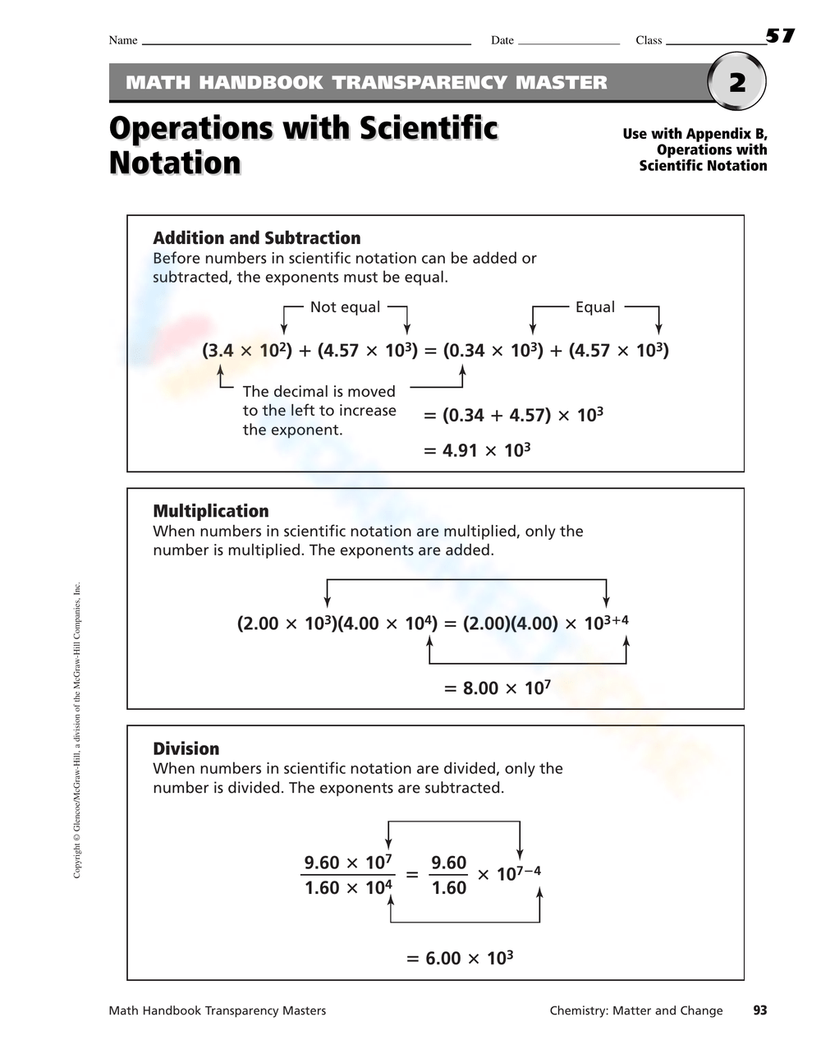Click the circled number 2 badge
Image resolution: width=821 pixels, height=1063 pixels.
(736, 82)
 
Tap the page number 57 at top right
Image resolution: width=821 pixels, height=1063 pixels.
(780, 35)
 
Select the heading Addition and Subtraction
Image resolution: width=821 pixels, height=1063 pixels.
(256, 238)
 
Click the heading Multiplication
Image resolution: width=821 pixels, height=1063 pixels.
(211, 511)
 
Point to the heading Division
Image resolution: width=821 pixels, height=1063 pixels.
(186, 748)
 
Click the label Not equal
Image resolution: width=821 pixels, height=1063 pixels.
(345, 307)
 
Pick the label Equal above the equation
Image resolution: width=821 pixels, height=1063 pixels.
(594, 307)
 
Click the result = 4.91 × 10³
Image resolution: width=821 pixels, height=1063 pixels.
(477, 450)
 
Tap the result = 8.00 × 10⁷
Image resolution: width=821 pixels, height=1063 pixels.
(497, 688)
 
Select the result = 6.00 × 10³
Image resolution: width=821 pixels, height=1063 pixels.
(460, 958)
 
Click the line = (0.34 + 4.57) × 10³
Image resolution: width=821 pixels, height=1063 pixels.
(513, 415)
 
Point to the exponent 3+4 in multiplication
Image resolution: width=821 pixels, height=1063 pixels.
(616, 619)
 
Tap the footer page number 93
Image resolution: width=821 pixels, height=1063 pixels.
(759, 1010)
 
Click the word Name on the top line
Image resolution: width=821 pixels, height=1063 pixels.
(123, 40)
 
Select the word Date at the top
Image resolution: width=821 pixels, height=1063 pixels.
(502, 40)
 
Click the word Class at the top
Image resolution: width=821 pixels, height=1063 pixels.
(649, 40)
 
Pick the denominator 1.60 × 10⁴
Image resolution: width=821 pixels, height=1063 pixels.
(348, 888)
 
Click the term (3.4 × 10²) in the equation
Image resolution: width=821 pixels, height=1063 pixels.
(247, 351)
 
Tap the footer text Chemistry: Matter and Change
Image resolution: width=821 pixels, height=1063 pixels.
(636, 1010)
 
